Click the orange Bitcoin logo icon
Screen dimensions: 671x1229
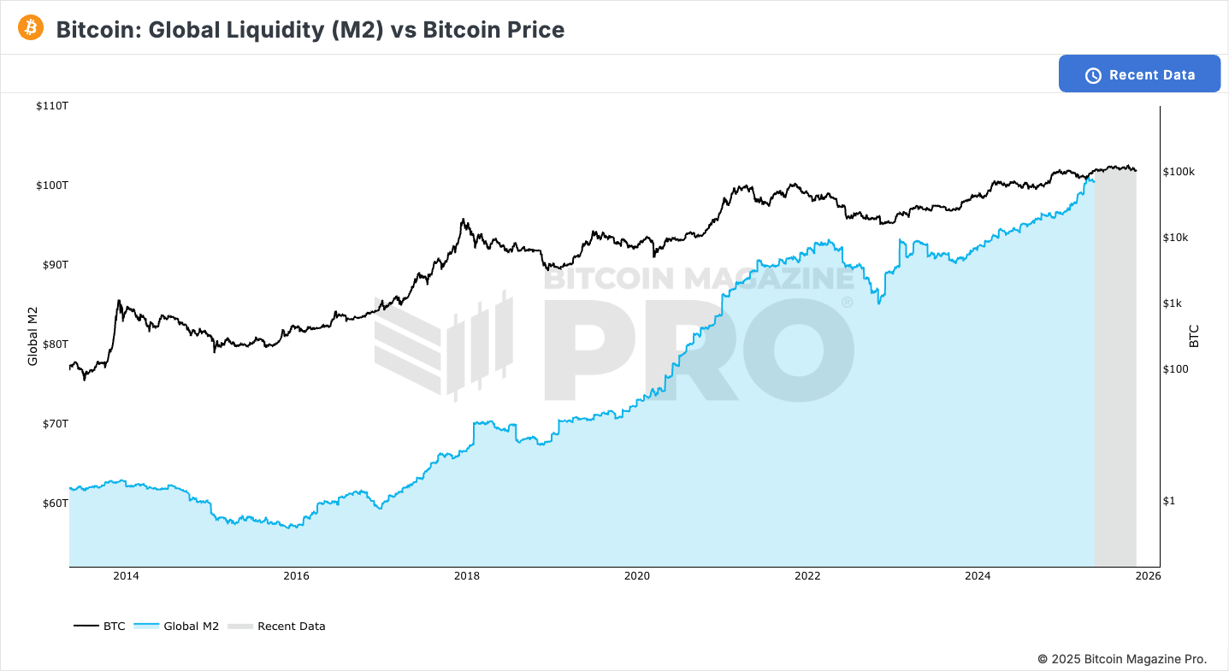pos(31,28)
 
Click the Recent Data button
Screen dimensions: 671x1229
pos(1139,74)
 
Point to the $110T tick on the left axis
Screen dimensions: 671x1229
pos(52,106)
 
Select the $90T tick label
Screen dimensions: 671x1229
pos(55,265)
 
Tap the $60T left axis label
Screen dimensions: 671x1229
pos(55,503)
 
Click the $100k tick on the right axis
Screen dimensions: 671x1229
pos(1179,172)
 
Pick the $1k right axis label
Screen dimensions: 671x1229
pos(1173,303)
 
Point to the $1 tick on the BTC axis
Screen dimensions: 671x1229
pos(1169,501)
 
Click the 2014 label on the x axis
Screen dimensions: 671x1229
pos(126,576)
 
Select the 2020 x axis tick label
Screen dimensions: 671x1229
pos(637,576)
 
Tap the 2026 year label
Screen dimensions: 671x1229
pos(1148,576)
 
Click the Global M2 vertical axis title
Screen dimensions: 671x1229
pos(33,335)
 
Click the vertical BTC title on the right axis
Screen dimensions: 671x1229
pos(1195,335)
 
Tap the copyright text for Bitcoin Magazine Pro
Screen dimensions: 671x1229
pos(1122,659)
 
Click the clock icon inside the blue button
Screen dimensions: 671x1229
pos(1093,75)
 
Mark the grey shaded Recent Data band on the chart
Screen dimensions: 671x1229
pos(1115,368)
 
